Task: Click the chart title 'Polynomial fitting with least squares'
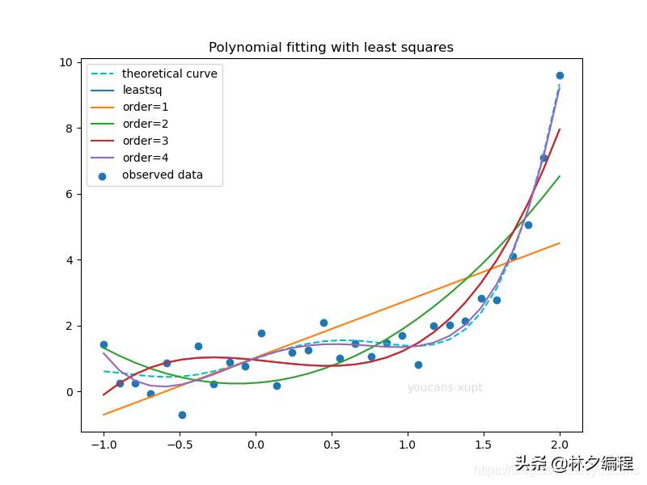point(331,48)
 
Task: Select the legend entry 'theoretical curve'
point(169,74)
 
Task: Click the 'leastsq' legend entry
point(142,91)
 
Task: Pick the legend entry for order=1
point(145,108)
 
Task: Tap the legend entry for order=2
point(145,124)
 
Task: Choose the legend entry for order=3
point(145,141)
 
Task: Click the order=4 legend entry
point(145,158)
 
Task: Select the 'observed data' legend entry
point(162,175)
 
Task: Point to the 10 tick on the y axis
point(66,63)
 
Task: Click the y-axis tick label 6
point(69,195)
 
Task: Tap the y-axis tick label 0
point(69,392)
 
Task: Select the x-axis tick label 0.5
point(332,444)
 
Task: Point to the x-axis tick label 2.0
point(560,444)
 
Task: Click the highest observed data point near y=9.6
point(560,75)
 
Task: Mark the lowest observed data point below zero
point(182,415)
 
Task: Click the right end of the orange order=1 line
point(560,243)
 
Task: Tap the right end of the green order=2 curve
point(560,176)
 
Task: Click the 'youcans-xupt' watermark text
point(445,388)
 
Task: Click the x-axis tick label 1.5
point(484,444)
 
